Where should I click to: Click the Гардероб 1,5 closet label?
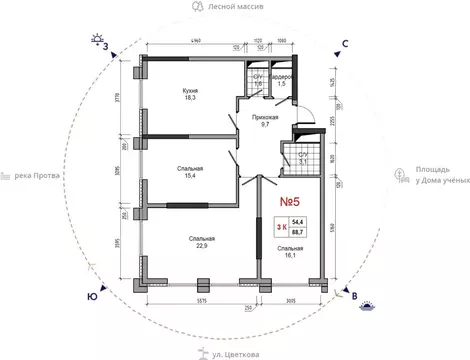pyautogui.click(x=281, y=80)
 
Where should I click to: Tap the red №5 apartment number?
pyautogui.click(x=289, y=201)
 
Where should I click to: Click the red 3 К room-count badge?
pyautogui.click(x=281, y=229)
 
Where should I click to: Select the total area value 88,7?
pyautogui.click(x=297, y=234)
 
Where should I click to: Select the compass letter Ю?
pyautogui.click(x=93, y=297)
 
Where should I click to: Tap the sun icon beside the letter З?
pyautogui.click(x=98, y=39)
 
